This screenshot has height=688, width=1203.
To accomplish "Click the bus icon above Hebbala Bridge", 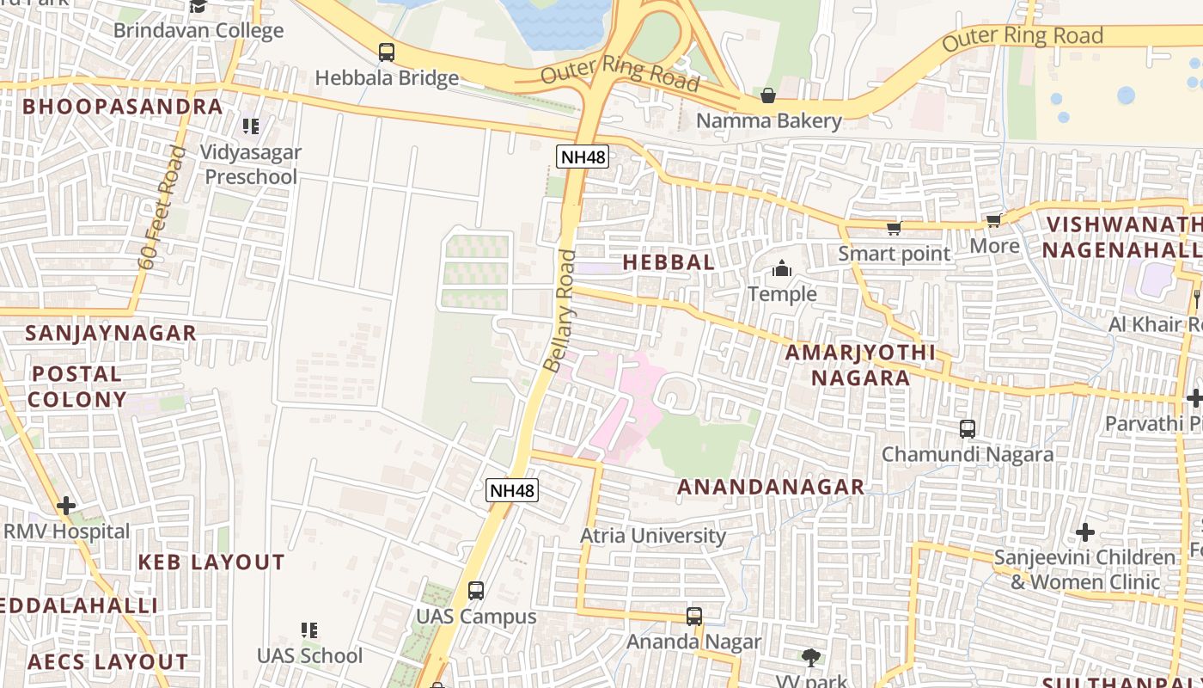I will click(387, 52).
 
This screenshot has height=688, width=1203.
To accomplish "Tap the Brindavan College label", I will click(198, 31).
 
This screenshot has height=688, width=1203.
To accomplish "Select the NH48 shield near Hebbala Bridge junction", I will click(583, 157).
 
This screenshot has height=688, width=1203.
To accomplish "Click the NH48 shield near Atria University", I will click(512, 491).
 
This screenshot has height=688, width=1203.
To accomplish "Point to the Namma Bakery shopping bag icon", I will click(768, 95).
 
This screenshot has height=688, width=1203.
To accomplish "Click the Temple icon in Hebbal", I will click(781, 269).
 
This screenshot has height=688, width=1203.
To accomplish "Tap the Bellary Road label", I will click(559, 310).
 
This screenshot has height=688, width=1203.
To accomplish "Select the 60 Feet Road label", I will click(162, 208).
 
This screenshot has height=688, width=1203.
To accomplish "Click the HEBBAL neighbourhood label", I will click(669, 262).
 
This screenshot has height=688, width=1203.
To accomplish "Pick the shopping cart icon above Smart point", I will click(894, 228).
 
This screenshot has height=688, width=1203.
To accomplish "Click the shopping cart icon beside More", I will click(994, 221).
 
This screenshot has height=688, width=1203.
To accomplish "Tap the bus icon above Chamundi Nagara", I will click(968, 428).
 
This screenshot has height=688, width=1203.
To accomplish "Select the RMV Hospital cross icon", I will click(66, 506).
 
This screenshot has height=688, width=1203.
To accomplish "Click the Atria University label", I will click(653, 536).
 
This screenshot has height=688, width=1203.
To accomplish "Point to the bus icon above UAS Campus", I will click(475, 591).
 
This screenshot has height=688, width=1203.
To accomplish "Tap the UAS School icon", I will click(309, 630).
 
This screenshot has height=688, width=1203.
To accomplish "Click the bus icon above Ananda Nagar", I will click(694, 617).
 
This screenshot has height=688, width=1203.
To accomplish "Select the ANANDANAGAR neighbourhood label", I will click(771, 487).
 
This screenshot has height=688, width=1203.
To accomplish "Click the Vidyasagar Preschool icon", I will click(250, 126).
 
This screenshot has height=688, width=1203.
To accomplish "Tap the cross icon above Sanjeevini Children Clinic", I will click(1084, 531).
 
